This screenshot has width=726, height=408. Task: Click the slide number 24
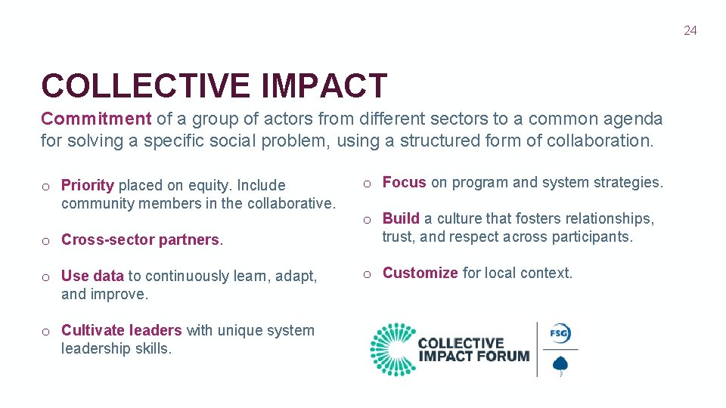pos(690,31)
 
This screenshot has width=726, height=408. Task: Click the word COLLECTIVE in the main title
pos(146,86)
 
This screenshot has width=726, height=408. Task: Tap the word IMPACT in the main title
pos(324,86)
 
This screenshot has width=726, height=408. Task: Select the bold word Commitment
pos(96,119)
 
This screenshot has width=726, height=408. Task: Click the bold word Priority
pos(87,185)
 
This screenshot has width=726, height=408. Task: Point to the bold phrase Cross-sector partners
pos(140,240)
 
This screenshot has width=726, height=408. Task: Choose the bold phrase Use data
pos(92,276)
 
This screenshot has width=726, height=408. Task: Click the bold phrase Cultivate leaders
pos(121,330)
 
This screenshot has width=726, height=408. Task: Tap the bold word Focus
pos(404,182)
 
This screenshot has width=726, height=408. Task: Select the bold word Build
pos(401,218)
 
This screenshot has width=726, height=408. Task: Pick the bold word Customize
pos(420,273)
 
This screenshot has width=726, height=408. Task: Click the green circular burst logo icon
pos(391,349)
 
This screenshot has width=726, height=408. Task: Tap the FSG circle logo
pos(560,333)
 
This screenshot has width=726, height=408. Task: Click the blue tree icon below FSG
pos(560,365)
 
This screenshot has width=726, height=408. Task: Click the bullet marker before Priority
pos(46,186)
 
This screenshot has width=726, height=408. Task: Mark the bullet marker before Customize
pos(368,274)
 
